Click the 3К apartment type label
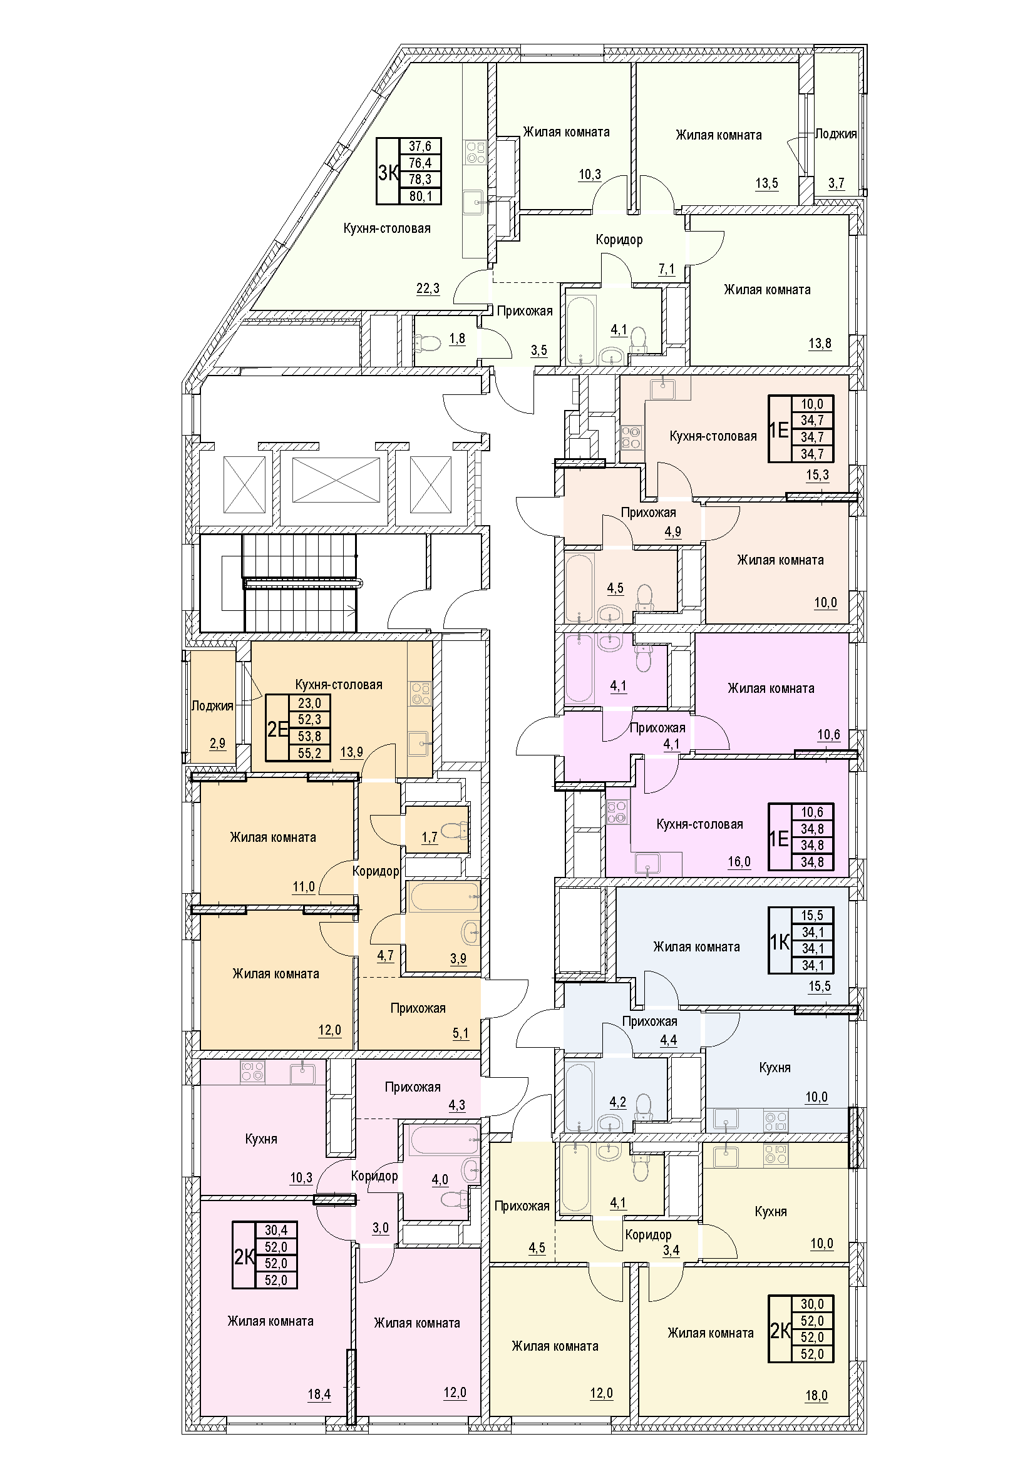388,172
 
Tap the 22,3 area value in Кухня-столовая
428,288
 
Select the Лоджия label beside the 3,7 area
836,134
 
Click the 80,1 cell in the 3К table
420,197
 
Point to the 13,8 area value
820,344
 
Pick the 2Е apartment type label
278,728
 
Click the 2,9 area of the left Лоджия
217,743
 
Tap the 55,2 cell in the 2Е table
309,753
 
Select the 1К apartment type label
780,941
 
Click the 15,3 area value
818,475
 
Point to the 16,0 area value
739,862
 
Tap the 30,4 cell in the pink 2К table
276,1230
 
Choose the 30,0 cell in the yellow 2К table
813,1304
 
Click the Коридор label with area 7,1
619,240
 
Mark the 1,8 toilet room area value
457,339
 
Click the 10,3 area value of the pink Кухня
301,1178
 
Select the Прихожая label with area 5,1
418,1008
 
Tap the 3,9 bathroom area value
458,958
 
